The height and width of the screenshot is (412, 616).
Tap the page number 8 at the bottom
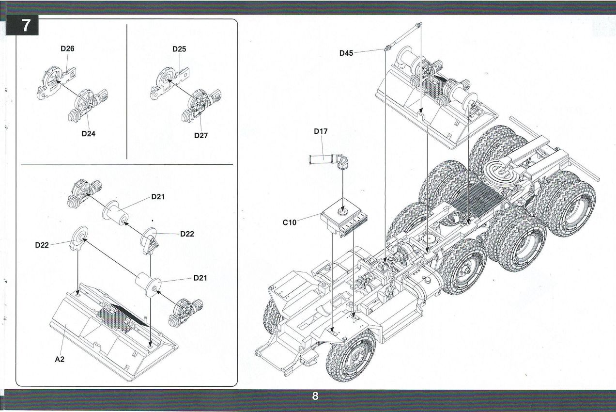tap(315, 396)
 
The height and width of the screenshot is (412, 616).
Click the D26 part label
tap(67, 48)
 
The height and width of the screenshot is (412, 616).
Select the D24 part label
tap(88, 134)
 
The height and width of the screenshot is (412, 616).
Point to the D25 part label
tap(179, 49)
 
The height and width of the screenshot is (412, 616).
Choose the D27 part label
tap(200, 136)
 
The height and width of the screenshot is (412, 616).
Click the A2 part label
tap(60, 359)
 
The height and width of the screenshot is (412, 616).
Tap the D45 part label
tap(346, 53)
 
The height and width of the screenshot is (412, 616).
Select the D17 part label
tap(321, 131)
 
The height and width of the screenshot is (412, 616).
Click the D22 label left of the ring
tap(42, 245)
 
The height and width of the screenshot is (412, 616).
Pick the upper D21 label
tap(158, 197)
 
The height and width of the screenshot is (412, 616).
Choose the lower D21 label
tap(200, 278)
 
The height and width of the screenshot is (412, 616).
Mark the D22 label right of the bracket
tap(187, 234)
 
